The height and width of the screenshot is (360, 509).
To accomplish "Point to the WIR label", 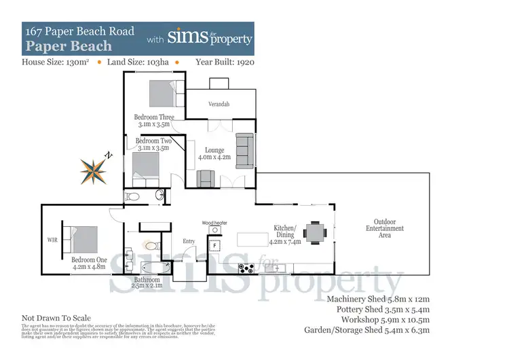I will click(x=52, y=240).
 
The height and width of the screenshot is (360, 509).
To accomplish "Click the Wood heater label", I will click(x=214, y=223).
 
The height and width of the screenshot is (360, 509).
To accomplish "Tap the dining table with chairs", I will click(x=315, y=232).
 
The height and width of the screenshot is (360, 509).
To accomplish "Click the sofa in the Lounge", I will click(x=244, y=149).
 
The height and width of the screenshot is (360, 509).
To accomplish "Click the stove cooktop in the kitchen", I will click(x=246, y=268).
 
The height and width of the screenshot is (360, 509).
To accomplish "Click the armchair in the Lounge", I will click(x=206, y=178).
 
